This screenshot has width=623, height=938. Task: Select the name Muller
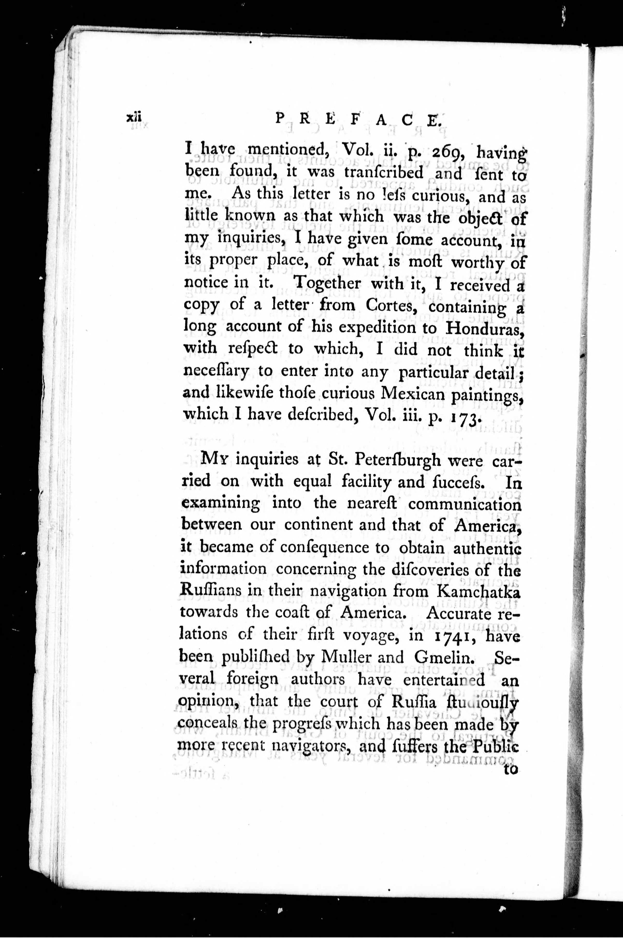[x=347, y=658]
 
